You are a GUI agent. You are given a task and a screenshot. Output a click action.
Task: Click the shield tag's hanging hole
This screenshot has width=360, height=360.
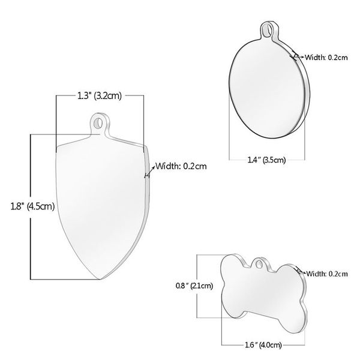pos(98,122)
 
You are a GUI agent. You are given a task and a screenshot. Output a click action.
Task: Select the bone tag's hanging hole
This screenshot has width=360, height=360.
pos(259,263)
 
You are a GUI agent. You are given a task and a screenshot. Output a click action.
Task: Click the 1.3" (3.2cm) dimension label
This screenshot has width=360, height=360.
pos(99,96)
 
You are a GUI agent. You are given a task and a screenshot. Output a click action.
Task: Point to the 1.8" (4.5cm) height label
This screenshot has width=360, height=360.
pos(32,206)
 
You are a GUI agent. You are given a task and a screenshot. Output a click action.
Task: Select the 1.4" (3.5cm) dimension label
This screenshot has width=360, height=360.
pos(266,160)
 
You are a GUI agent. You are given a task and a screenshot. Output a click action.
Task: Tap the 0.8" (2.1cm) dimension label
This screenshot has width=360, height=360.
pos(194,286)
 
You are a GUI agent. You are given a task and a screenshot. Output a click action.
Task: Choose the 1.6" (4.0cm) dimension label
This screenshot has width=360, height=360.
pos(263,344)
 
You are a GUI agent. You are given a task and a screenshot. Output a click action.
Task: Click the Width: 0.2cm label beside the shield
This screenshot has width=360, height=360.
pos(181,166)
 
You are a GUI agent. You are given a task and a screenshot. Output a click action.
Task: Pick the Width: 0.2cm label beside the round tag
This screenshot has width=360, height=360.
pos(326,57)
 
